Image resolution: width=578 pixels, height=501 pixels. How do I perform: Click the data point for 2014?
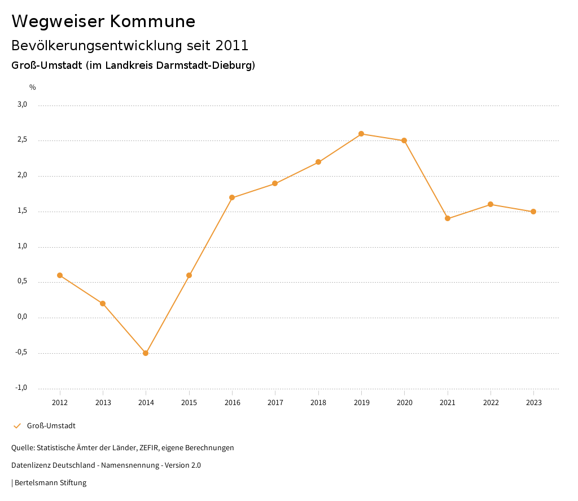point(146,353)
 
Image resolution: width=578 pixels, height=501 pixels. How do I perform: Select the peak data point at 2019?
point(361,134)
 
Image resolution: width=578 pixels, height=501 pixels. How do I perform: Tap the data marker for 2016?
point(232,197)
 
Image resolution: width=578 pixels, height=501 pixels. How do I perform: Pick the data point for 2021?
point(448,218)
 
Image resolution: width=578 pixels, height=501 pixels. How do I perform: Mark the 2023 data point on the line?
point(533,212)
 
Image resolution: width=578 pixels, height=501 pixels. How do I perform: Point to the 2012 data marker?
point(60,275)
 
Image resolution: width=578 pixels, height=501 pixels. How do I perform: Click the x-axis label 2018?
point(318,403)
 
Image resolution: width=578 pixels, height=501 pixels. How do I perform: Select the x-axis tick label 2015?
point(189,403)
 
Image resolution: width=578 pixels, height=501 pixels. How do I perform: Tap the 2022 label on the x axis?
point(491,403)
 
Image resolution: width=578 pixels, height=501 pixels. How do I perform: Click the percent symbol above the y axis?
point(33,87)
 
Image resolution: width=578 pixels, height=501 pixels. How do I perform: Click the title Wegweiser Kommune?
point(103,21)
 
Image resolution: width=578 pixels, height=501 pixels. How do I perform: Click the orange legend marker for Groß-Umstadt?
point(17,426)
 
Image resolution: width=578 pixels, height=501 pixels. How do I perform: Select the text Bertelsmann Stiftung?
point(50,483)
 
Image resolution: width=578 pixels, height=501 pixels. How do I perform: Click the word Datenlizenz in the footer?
point(30,465)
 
